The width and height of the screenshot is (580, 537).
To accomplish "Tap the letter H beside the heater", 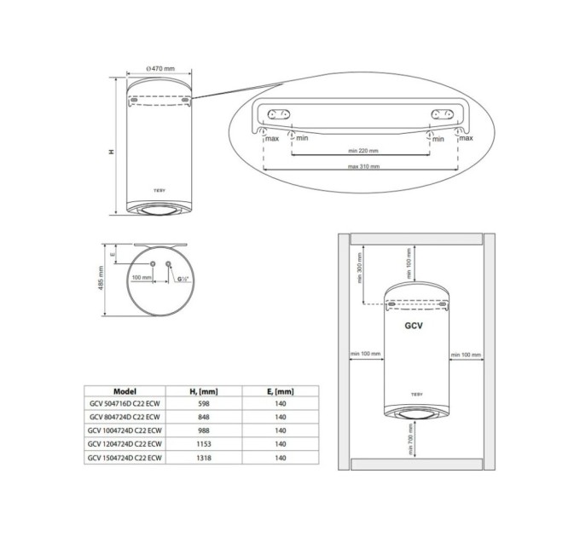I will tap(111, 151).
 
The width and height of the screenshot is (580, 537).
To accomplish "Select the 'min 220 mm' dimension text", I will tap(363, 150).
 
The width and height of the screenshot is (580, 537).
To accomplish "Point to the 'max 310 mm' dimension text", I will tap(363, 167).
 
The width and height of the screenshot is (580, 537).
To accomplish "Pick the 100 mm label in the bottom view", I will tap(142, 278).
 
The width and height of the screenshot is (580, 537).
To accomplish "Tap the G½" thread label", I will tap(183, 279).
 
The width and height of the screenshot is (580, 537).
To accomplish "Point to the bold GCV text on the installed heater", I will tap(414, 325).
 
